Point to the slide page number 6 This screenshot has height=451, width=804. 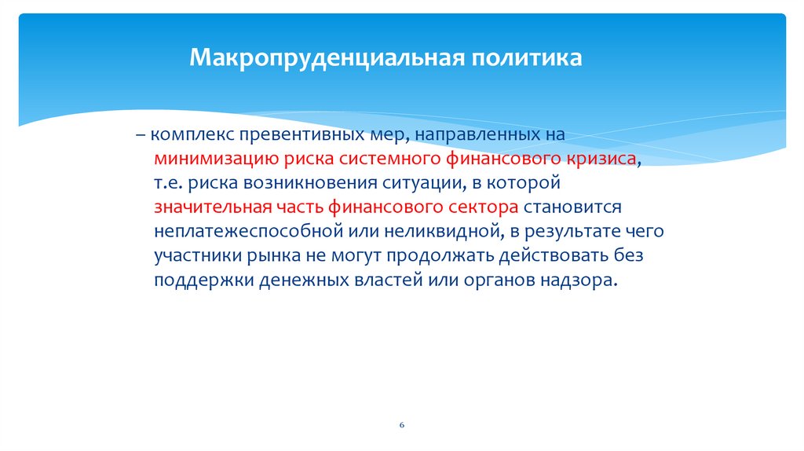[401, 424]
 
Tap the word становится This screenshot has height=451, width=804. [572, 207]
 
